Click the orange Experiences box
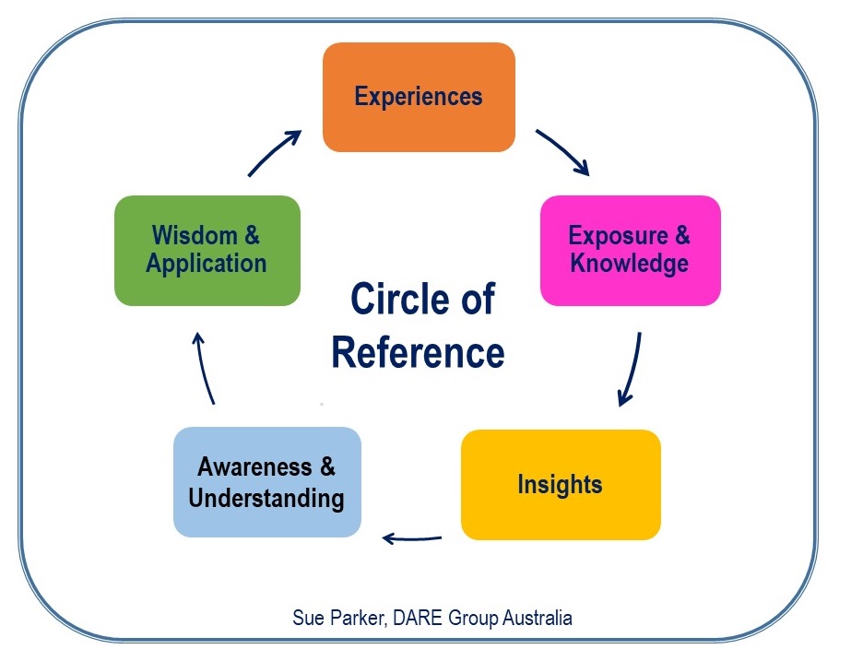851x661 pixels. (419, 97)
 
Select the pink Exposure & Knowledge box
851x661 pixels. (630, 250)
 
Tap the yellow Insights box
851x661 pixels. (561, 484)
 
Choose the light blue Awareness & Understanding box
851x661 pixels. (266, 482)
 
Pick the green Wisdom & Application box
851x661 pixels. (207, 250)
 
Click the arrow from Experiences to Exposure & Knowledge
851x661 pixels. (561, 151)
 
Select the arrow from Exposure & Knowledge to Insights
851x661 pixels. (631, 370)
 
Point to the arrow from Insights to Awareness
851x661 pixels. (412, 537)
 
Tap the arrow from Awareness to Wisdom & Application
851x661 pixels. (205, 369)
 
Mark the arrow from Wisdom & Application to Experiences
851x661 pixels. (275, 152)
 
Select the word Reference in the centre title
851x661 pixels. (418, 353)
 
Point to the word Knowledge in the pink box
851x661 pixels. (630, 264)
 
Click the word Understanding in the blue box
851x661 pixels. (266, 499)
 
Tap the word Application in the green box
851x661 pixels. (207, 264)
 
